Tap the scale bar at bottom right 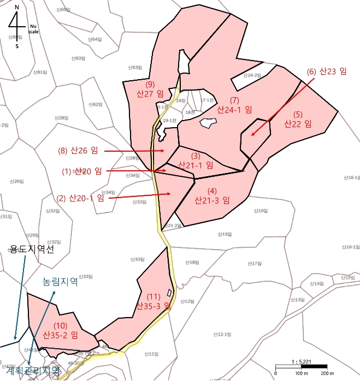pos(301,366)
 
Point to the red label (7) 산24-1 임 pos(234,105)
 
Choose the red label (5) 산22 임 pos(297,120)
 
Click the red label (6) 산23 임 pos(327,71)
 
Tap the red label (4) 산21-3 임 pos(212,195)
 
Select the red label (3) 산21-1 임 pos(196,160)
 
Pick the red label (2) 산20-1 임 pos(80,198)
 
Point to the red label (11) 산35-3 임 pos(154,301)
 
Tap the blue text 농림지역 pos(60,282)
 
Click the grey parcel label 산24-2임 pos(252,75)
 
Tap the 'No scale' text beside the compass pos(34,28)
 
